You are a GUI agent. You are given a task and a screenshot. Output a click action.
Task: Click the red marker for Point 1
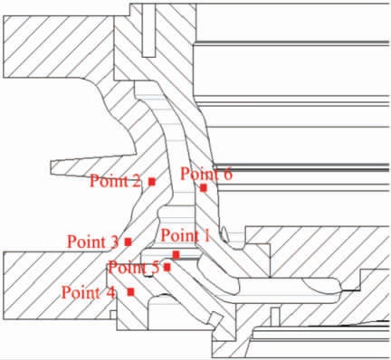176,254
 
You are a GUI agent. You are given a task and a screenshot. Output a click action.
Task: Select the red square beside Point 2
152,182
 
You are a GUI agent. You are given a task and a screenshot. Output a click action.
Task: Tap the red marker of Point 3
129,242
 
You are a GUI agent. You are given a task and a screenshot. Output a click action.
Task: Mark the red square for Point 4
132,291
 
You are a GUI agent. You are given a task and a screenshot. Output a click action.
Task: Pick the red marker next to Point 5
167,267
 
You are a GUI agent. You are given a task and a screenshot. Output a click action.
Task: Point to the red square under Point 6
205,188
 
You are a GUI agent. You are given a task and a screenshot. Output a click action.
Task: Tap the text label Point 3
93,242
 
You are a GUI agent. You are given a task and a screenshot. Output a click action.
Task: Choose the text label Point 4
89,292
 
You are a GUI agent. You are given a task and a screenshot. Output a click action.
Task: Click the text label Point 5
133,267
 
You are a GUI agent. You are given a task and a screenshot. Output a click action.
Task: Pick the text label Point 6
206,174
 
